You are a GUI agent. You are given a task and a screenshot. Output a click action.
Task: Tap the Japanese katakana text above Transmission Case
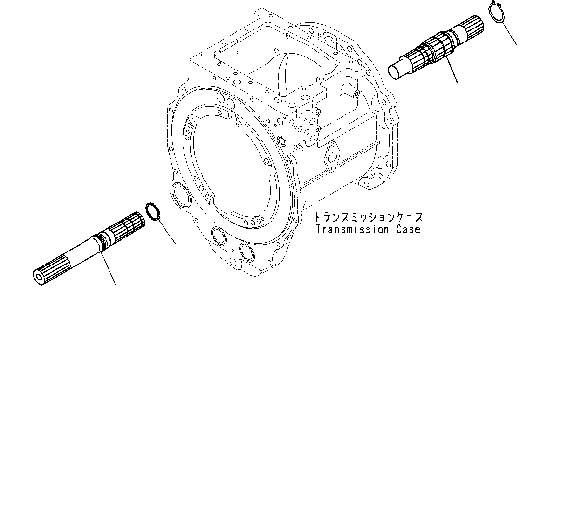[368, 217]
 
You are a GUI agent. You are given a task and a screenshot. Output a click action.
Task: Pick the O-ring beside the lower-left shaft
[153, 211]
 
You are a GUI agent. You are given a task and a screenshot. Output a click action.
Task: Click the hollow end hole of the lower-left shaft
[38, 277]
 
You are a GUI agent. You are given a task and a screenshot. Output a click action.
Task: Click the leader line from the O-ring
[167, 231]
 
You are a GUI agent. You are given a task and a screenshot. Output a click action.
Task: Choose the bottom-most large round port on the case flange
[247, 252]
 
